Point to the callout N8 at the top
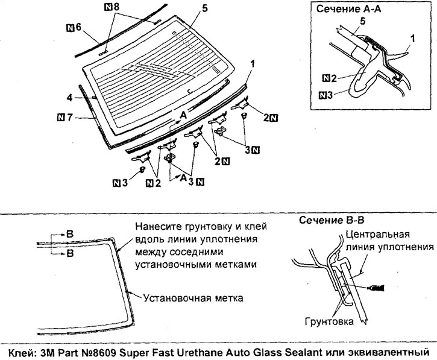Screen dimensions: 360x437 point(112,7)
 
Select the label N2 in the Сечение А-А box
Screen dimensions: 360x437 point(330,78)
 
